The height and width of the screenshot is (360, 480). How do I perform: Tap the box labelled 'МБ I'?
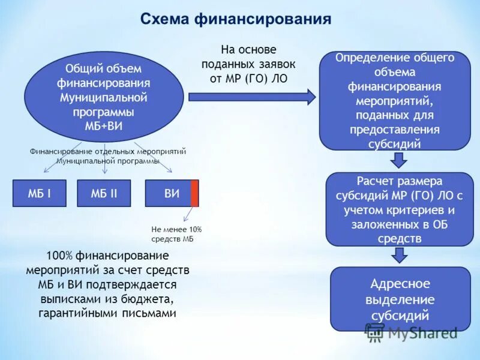[x=39, y=193]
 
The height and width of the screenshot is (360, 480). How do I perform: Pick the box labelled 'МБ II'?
[x=104, y=193]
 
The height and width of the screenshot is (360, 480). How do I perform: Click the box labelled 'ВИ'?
[x=169, y=193]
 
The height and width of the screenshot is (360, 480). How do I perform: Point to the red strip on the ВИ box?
[x=194, y=193]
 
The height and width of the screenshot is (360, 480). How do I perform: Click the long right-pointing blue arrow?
[x=252, y=96]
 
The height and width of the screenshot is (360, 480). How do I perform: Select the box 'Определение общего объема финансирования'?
[x=394, y=100]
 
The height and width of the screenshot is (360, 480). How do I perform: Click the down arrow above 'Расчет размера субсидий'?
[x=398, y=160]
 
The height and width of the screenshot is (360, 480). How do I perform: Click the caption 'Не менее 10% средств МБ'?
[x=176, y=234]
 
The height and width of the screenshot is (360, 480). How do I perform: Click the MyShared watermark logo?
[x=411, y=332]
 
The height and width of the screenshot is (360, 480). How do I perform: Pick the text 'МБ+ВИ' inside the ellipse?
[x=104, y=124]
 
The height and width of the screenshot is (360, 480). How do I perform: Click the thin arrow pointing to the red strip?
[x=188, y=215]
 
